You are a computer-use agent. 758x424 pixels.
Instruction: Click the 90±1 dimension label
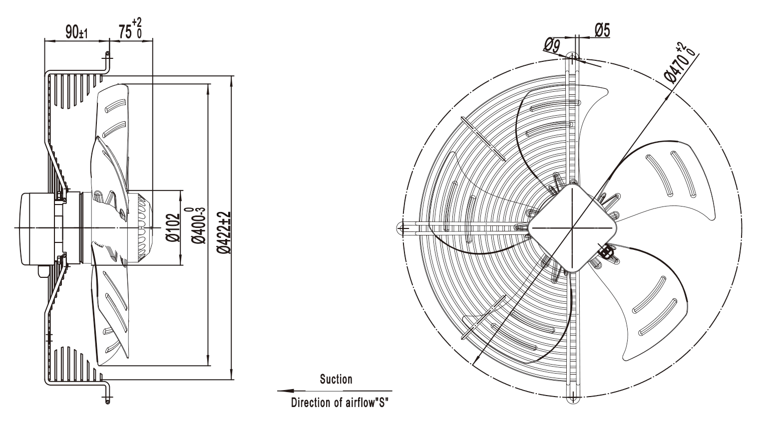tap(76, 32)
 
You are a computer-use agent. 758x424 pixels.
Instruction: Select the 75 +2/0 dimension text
tap(130, 29)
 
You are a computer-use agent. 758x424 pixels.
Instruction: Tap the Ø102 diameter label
tap(173, 227)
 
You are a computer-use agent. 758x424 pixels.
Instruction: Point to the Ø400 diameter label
tap(198, 225)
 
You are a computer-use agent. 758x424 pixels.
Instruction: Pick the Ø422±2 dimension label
tap(224, 232)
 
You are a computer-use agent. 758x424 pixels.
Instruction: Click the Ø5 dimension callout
tap(602, 30)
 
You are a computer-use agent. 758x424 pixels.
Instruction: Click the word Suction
tap(336, 380)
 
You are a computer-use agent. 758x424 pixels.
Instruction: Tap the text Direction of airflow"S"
tap(340, 403)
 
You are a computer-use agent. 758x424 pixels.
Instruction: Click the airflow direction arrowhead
tap(286, 391)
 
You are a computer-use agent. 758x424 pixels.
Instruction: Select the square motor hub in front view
tap(572, 228)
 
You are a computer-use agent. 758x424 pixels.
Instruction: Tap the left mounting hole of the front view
tap(401, 228)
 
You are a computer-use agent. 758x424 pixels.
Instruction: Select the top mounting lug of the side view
tap(107, 62)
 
